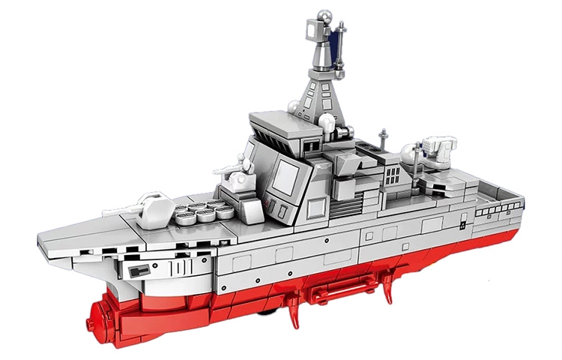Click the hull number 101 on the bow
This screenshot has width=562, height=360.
tap(181, 267)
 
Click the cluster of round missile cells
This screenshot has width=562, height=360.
tap(202, 211)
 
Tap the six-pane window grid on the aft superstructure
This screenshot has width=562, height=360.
tap(393, 175)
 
